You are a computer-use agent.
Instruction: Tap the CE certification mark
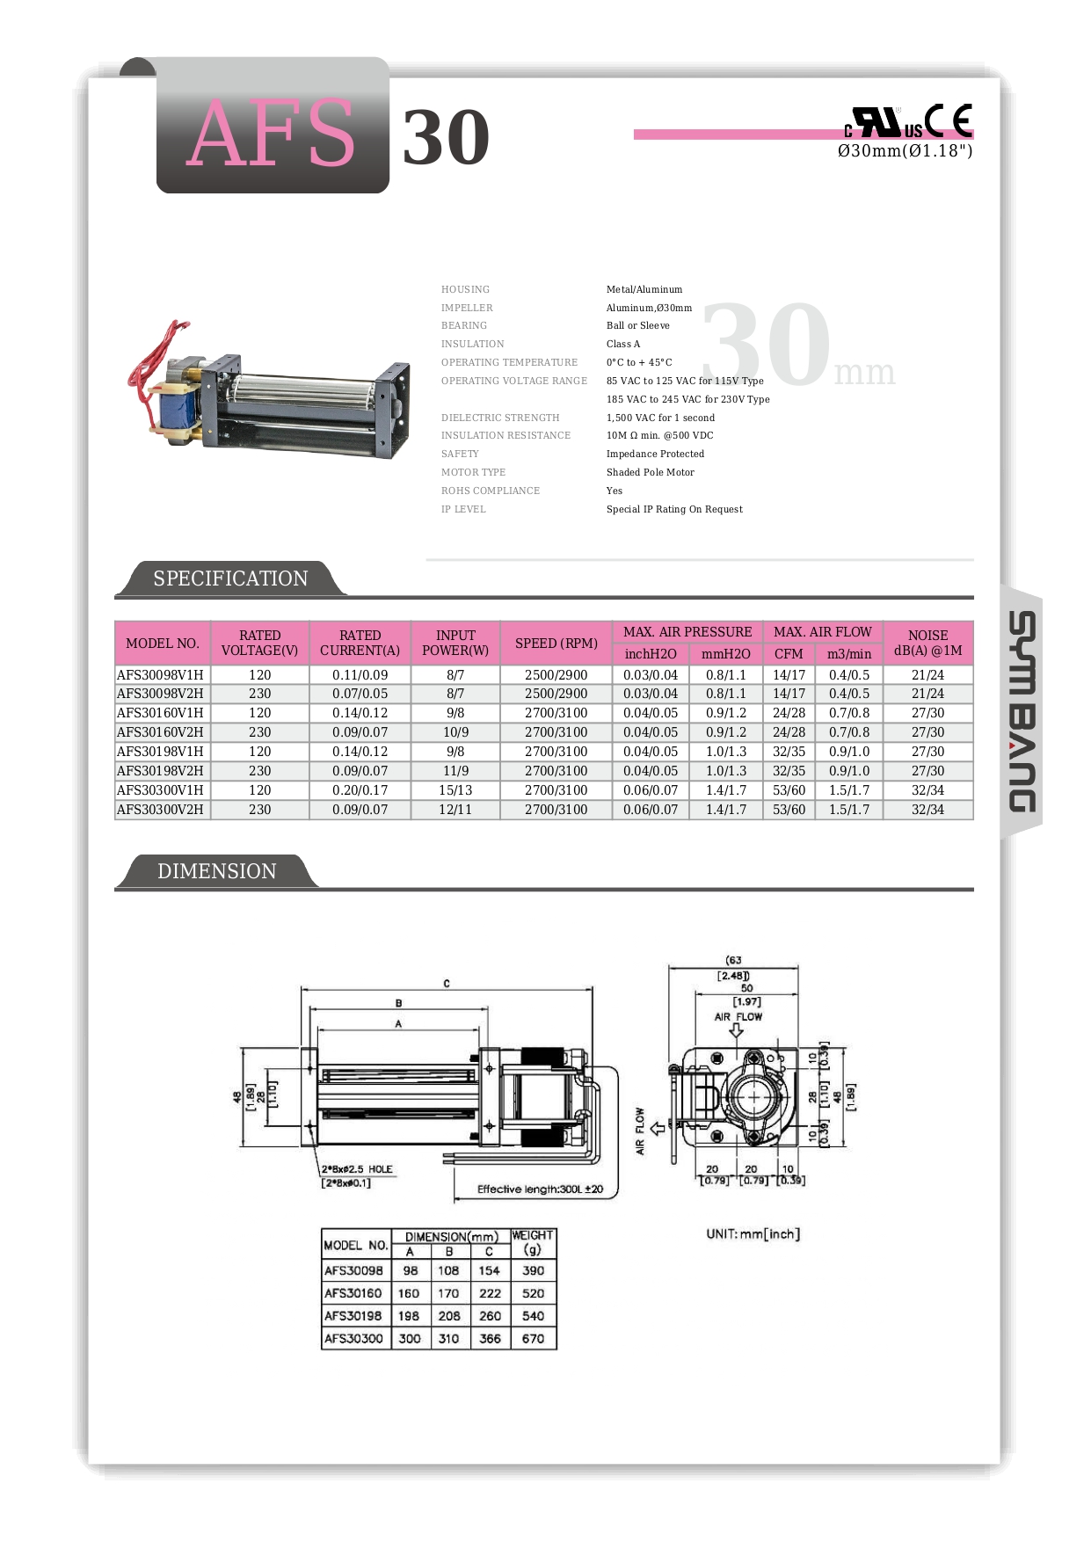pyautogui.click(x=949, y=120)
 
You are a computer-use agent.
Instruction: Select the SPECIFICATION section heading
pyautogui.click(x=230, y=578)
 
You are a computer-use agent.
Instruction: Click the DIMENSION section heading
pyautogui.click(x=216, y=871)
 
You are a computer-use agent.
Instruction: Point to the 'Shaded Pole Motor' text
pyautogui.click(x=650, y=473)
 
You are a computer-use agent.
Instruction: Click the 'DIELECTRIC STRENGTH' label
pyautogui.click(x=500, y=418)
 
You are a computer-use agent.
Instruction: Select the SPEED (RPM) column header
pyautogui.click(x=556, y=644)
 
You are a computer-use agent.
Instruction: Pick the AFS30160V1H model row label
pyautogui.click(x=160, y=713)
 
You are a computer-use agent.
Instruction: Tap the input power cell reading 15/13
pyautogui.click(x=455, y=790)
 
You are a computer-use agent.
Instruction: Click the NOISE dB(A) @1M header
pyautogui.click(x=927, y=643)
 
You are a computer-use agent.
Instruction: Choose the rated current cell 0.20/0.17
pyautogui.click(x=360, y=790)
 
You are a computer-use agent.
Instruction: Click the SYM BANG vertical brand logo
pyautogui.click(x=1022, y=711)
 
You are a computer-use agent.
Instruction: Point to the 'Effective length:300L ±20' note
pyautogui.click(x=540, y=1189)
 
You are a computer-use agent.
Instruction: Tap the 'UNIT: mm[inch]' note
pyautogui.click(x=753, y=1234)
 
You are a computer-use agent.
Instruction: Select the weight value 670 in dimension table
pyautogui.click(x=533, y=1339)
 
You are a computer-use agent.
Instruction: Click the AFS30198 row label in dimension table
pyautogui.click(x=353, y=1316)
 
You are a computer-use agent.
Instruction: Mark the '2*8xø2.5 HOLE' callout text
pyautogui.click(x=357, y=1169)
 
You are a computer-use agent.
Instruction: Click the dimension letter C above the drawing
pyautogui.click(x=447, y=984)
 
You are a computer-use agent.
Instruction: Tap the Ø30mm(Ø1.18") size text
pyautogui.click(x=905, y=151)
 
